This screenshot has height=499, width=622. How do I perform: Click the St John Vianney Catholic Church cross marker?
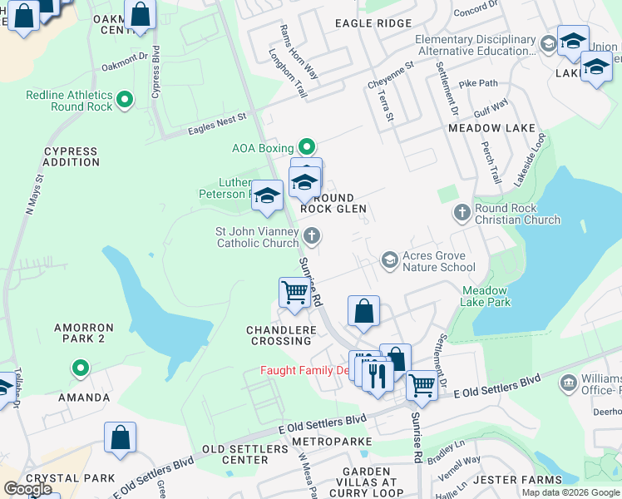(x=312, y=236)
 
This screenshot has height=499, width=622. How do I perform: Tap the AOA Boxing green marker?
(x=307, y=148)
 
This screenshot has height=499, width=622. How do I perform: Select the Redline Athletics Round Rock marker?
(x=125, y=101)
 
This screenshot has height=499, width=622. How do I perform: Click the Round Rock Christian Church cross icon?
(x=462, y=214)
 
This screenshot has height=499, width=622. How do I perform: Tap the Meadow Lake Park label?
(x=486, y=296)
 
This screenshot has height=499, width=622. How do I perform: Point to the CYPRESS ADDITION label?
(x=71, y=156)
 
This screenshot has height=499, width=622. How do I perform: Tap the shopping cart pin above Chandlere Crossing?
(x=294, y=293)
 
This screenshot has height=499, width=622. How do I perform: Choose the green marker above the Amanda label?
(x=80, y=367)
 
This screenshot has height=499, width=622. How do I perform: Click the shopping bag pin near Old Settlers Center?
(x=120, y=437)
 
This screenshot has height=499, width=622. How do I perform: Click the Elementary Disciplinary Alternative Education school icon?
(x=547, y=43)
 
